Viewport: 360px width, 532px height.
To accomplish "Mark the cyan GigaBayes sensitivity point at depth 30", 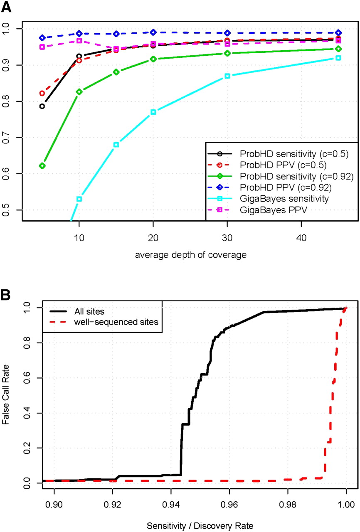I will click(x=227, y=76).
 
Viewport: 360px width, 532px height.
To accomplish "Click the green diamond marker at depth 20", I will click(x=153, y=59).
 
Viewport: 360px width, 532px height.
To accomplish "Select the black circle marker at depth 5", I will click(x=42, y=106).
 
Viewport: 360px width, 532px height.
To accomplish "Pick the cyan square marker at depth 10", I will click(x=79, y=199).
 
